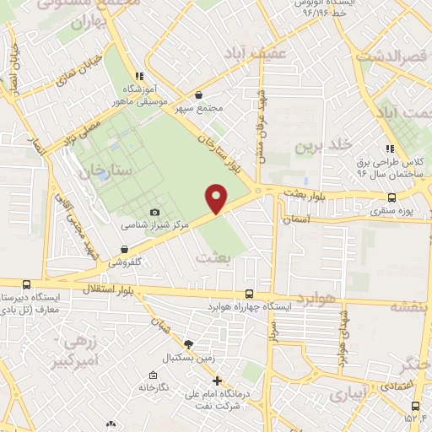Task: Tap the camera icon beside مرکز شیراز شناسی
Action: (154, 212)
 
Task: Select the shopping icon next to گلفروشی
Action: (124, 249)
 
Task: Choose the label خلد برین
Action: (321, 146)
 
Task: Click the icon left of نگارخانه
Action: (152, 375)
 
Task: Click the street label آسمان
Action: (297, 219)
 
